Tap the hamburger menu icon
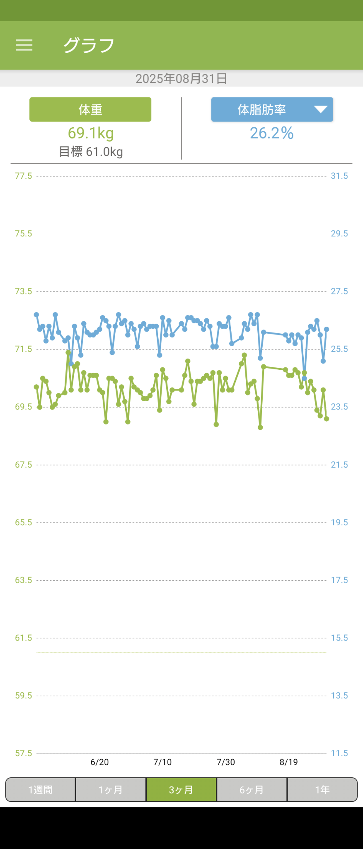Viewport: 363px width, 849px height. click(x=24, y=45)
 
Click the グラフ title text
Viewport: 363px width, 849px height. click(x=89, y=45)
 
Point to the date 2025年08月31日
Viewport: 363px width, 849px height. click(x=181, y=78)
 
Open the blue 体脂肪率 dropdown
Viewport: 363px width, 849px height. click(x=272, y=109)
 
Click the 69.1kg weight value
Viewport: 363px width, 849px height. click(x=91, y=133)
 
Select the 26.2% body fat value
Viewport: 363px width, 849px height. click(x=271, y=133)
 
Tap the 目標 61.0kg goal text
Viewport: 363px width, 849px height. click(x=91, y=152)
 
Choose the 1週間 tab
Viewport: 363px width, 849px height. click(x=41, y=790)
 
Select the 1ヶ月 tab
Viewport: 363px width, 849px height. click(x=111, y=790)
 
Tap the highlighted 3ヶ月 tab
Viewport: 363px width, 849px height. click(x=181, y=790)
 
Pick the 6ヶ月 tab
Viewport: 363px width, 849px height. click(x=252, y=790)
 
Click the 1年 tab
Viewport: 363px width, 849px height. click(x=322, y=790)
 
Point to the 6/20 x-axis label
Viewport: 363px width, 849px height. click(x=99, y=762)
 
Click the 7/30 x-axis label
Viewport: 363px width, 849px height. click(x=225, y=762)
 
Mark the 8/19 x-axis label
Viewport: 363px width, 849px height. click(x=288, y=762)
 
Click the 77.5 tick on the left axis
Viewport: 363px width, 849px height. click(x=23, y=176)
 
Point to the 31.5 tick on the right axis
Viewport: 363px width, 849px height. click(x=339, y=176)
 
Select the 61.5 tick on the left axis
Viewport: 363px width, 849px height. click(x=23, y=638)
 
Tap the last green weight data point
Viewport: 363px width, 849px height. click(x=327, y=419)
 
